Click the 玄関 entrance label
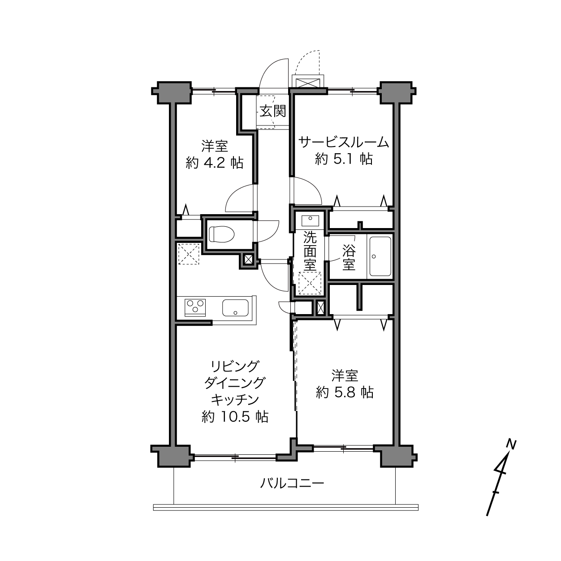coord(273,111)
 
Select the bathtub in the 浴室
coord(380,256)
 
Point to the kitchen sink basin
coord(235,308)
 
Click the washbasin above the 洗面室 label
coord(310,220)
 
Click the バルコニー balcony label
coord(292,483)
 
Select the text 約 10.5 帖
coord(235,417)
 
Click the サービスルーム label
coord(344,142)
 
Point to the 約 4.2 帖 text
coord(215,163)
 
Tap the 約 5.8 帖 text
coord(345,393)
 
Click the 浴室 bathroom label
coord(349,258)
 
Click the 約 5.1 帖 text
coord(344,159)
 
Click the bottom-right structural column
coord(396,457)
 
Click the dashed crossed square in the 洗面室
coord(310,283)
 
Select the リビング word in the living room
coord(235,366)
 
